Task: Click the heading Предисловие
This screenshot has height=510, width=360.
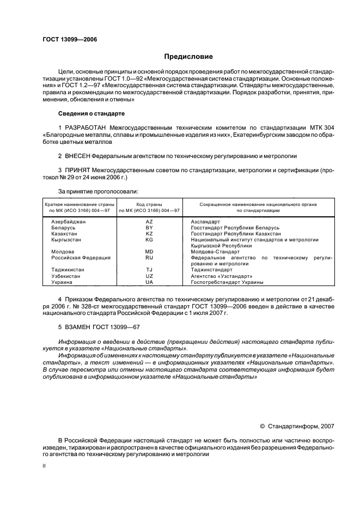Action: (x=188, y=57)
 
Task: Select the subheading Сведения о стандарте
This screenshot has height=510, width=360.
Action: (x=91, y=113)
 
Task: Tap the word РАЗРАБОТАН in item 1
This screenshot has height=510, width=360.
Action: (x=86, y=127)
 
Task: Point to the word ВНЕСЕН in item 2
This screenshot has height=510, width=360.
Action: (x=76, y=155)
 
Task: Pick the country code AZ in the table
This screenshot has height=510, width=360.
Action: (x=149, y=222)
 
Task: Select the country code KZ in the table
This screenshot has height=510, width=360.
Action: (x=149, y=233)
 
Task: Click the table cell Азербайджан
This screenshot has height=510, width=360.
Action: (x=69, y=222)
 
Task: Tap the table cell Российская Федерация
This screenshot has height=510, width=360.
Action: (x=81, y=257)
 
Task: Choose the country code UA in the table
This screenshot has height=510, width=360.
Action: (x=149, y=282)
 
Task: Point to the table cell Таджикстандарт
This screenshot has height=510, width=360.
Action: (x=212, y=270)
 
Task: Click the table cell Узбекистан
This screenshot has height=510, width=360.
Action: (x=66, y=276)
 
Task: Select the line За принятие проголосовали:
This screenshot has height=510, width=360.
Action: (x=90, y=191)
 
